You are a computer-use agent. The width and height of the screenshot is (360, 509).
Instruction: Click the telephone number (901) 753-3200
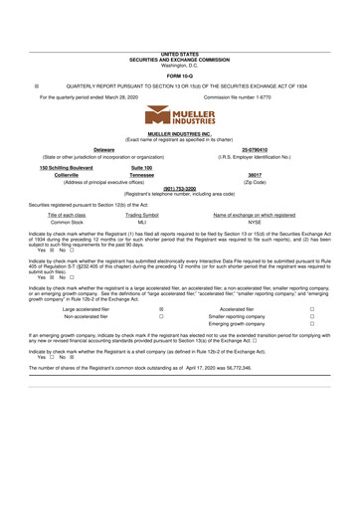pos(179,189)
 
